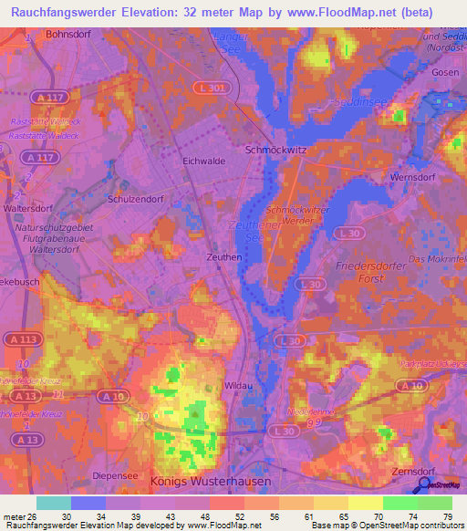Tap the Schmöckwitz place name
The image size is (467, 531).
tap(276, 149)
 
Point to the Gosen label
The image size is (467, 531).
tap(445, 71)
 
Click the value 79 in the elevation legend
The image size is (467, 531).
tap(447, 517)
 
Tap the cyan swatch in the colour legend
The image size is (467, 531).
tap(54, 503)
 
